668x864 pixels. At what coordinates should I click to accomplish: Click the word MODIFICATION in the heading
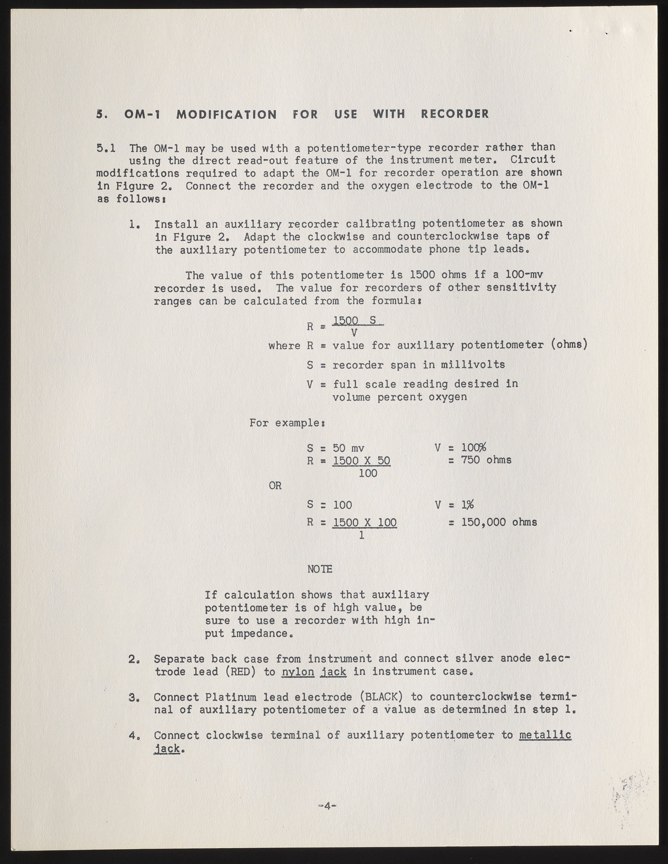(x=226, y=114)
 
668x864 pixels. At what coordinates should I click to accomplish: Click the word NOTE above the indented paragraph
(x=319, y=569)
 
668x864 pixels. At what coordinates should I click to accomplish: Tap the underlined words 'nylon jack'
(x=314, y=671)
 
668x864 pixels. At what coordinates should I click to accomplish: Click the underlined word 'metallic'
(x=545, y=735)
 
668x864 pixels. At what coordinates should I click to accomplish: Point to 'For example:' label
(x=287, y=423)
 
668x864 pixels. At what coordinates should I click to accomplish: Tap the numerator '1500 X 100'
(x=365, y=523)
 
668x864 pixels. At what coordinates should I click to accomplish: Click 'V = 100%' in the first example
(x=460, y=448)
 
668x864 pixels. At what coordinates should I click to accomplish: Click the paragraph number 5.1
(x=106, y=148)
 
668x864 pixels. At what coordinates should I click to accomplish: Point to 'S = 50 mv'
(x=336, y=448)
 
